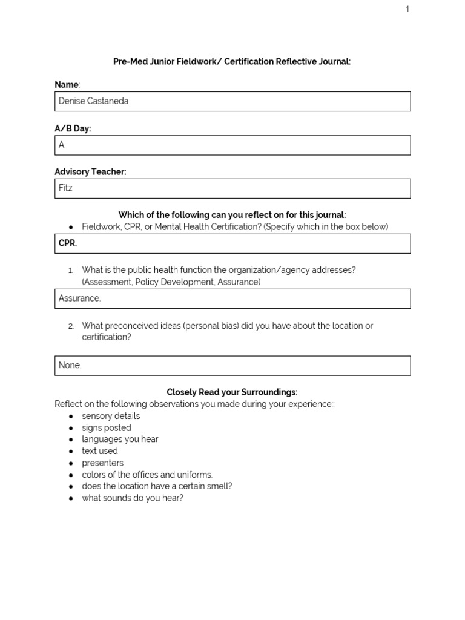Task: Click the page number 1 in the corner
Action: [407, 9]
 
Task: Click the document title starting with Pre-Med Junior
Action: [232, 62]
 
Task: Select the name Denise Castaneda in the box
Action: [93, 101]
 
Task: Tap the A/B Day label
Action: [73, 128]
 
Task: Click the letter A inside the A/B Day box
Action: [61, 145]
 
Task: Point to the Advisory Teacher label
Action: [90, 172]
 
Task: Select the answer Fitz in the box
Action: [65, 188]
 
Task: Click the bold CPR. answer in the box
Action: [68, 243]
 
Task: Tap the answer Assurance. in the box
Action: [79, 298]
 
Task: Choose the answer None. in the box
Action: [70, 365]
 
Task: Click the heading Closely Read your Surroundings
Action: [232, 392]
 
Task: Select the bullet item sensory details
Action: [111, 416]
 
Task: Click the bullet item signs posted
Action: [107, 428]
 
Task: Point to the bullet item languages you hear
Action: [120, 440]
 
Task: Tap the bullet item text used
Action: [100, 451]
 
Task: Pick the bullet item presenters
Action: [102, 463]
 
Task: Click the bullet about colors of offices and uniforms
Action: [147, 475]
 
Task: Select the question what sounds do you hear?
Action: [133, 498]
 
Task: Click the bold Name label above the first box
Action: [67, 85]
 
